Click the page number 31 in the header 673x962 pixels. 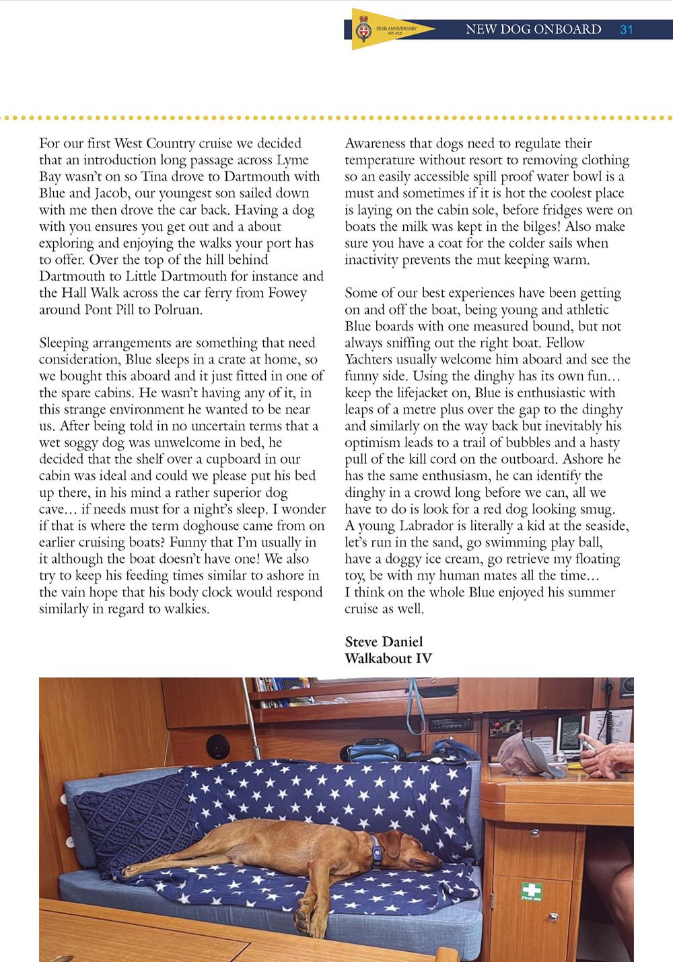coord(627,30)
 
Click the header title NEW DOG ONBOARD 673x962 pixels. coord(533,30)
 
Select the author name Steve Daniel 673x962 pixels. coord(384,642)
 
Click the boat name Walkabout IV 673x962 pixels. coord(388,658)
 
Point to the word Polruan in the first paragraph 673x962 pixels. coord(178,310)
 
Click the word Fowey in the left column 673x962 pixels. coord(285,293)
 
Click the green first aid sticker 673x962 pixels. coord(532,891)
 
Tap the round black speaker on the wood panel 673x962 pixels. coord(217,747)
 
